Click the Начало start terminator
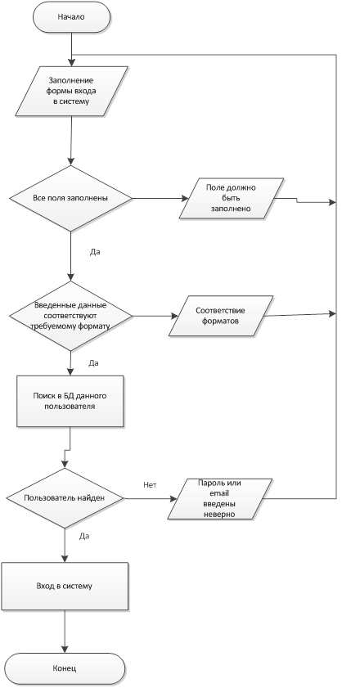[x=71, y=17]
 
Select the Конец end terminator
[x=65, y=668]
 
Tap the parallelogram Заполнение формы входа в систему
[x=71, y=92]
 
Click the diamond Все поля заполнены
[x=70, y=198]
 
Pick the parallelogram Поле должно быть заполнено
[x=232, y=198]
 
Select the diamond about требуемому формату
[x=70, y=316]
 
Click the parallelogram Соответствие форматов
[x=221, y=316]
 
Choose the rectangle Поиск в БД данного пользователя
[x=70, y=401]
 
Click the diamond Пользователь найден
[x=65, y=498]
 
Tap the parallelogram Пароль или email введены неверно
[x=219, y=499]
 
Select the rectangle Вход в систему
[x=65, y=587]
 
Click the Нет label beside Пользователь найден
[x=150, y=485]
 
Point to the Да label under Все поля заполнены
[x=95, y=252]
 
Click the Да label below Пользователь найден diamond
[x=84, y=536]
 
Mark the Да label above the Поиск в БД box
[x=93, y=363]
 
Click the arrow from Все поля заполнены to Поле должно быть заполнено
[x=160, y=198]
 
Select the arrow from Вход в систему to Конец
[x=65, y=632]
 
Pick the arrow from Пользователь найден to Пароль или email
[x=151, y=498]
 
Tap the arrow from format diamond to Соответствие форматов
[x=155, y=316]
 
